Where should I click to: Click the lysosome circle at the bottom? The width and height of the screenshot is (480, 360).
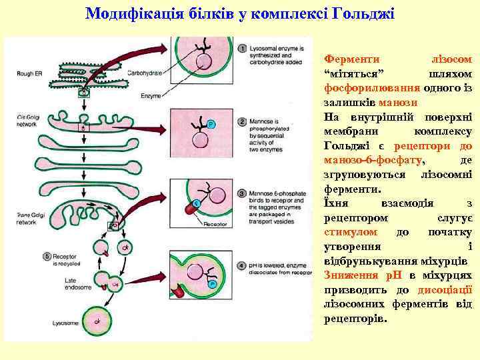click(99, 321)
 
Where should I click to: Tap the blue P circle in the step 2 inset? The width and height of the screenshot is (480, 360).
click(211, 124)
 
